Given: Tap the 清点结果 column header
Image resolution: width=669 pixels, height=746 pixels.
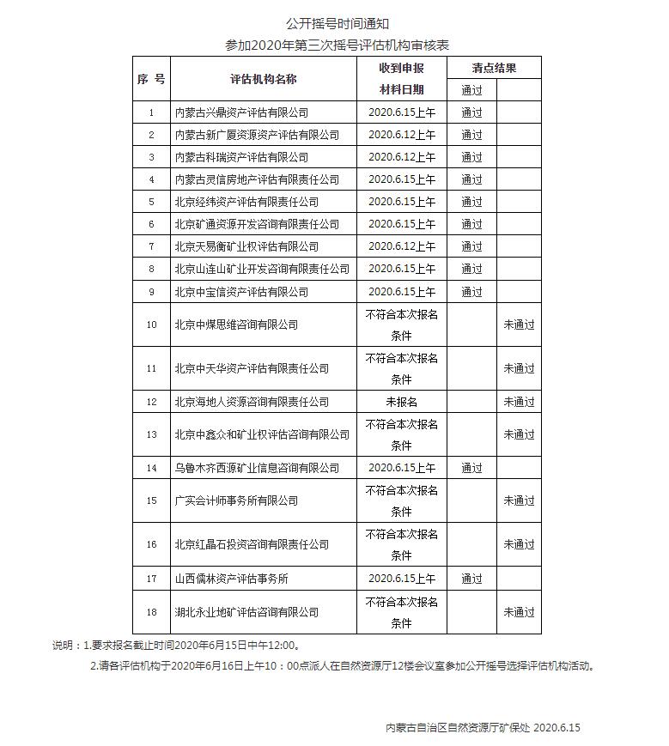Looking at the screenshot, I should tap(494, 68).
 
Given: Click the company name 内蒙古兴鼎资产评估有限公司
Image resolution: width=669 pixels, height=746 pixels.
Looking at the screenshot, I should tap(241, 112).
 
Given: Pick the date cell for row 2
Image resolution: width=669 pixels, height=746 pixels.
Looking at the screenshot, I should tap(402, 135).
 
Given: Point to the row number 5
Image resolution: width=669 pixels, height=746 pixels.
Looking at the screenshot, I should tap(151, 202).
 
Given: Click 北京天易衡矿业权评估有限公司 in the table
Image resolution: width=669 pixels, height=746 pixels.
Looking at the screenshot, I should tap(246, 246).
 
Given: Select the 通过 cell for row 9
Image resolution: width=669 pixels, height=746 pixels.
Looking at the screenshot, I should tap(471, 292).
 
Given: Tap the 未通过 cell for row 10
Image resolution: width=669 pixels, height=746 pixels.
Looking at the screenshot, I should tap(519, 324).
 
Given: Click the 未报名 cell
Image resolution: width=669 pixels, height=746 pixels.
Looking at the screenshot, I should tap(402, 402).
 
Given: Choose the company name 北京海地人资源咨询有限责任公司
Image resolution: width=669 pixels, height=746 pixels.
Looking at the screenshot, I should tap(252, 402).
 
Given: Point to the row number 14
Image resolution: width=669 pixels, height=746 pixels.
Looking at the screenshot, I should tap(151, 468).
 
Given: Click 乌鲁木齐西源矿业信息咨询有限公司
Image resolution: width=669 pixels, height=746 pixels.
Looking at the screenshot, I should tap(257, 468).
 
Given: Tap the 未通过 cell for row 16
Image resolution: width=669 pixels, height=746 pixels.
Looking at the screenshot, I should tap(519, 544).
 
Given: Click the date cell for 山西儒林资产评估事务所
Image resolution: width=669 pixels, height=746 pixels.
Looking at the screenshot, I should tap(402, 579).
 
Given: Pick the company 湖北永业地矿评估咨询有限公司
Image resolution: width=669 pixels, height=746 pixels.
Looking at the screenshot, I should tap(246, 612).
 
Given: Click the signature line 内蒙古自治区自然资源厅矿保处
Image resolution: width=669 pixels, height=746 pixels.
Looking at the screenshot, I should tap(457, 727).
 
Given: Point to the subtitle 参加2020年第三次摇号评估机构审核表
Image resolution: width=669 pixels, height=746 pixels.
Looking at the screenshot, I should tap(338, 44).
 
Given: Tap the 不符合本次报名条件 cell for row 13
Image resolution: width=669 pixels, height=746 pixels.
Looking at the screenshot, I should tap(402, 434).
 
